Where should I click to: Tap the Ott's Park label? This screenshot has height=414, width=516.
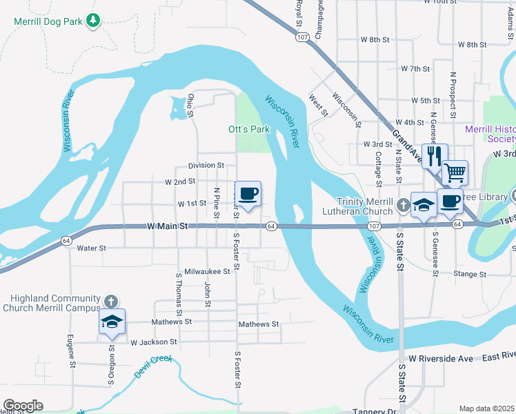pos(248,129)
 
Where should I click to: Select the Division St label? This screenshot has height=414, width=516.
pos(206,166)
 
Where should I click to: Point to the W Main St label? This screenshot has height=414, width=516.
pos(167,226)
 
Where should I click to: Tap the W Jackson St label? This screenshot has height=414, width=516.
pos(153,342)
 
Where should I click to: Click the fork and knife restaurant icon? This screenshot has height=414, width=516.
pos(434,156)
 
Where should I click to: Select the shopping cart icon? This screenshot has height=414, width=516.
pos(455,172)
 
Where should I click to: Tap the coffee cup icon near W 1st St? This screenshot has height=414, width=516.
pos(248,193)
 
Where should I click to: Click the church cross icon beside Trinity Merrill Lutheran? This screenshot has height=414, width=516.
pos(404,205)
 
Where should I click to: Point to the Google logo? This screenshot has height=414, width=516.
pos(23,406)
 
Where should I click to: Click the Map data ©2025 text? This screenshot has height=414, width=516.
pos(487,408)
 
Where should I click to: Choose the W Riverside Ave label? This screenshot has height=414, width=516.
pos(440,359)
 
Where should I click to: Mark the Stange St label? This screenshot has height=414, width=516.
pos(470,274)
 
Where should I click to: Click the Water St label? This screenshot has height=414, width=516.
pos(91,248)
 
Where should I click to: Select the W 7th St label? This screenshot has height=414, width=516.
pos(415,70)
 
